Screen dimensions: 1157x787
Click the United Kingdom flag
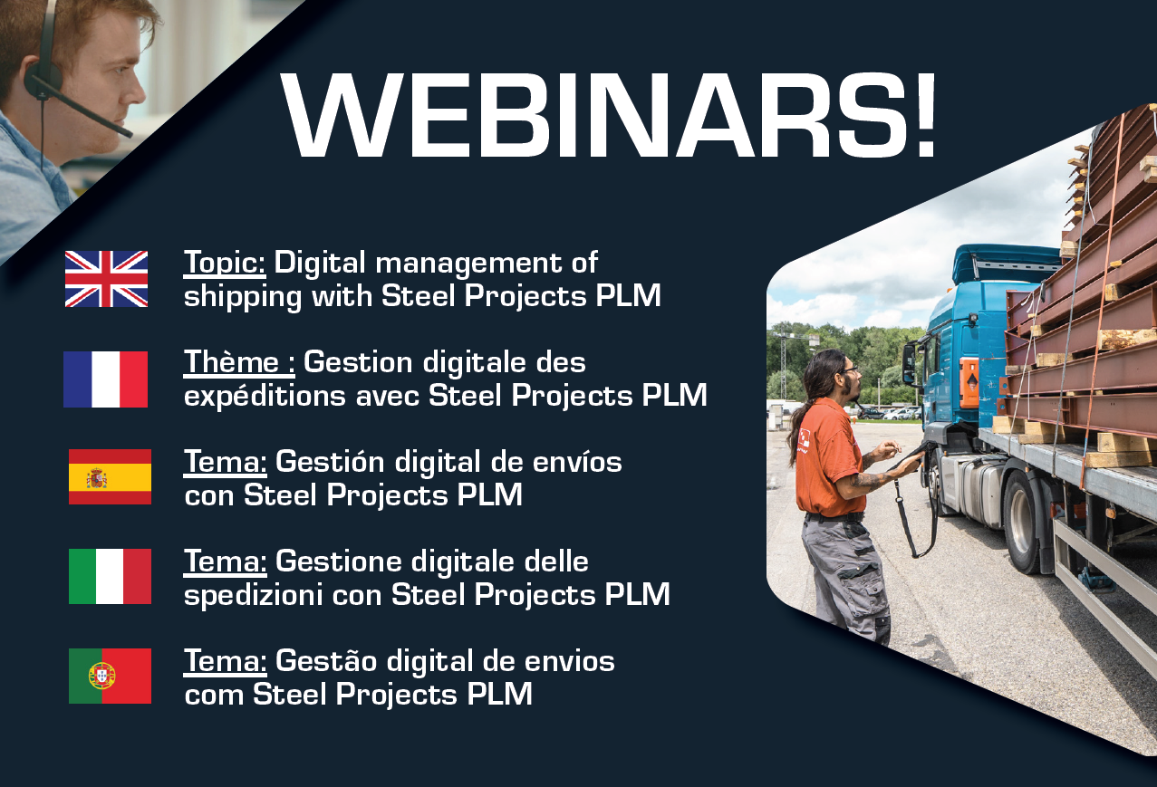(x=106, y=279)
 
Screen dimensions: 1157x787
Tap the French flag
(x=105, y=379)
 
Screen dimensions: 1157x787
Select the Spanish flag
(x=110, y=476)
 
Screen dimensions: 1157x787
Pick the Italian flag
(x=110, y=576)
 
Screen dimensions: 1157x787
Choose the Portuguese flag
(x=110, y=676)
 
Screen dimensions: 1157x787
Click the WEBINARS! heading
(x=609, y=115)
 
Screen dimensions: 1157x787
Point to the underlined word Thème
(x=231, y=361)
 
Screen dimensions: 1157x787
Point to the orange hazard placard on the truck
(x=969, y=383)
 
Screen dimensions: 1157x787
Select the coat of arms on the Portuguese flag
(x=101, y=676)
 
